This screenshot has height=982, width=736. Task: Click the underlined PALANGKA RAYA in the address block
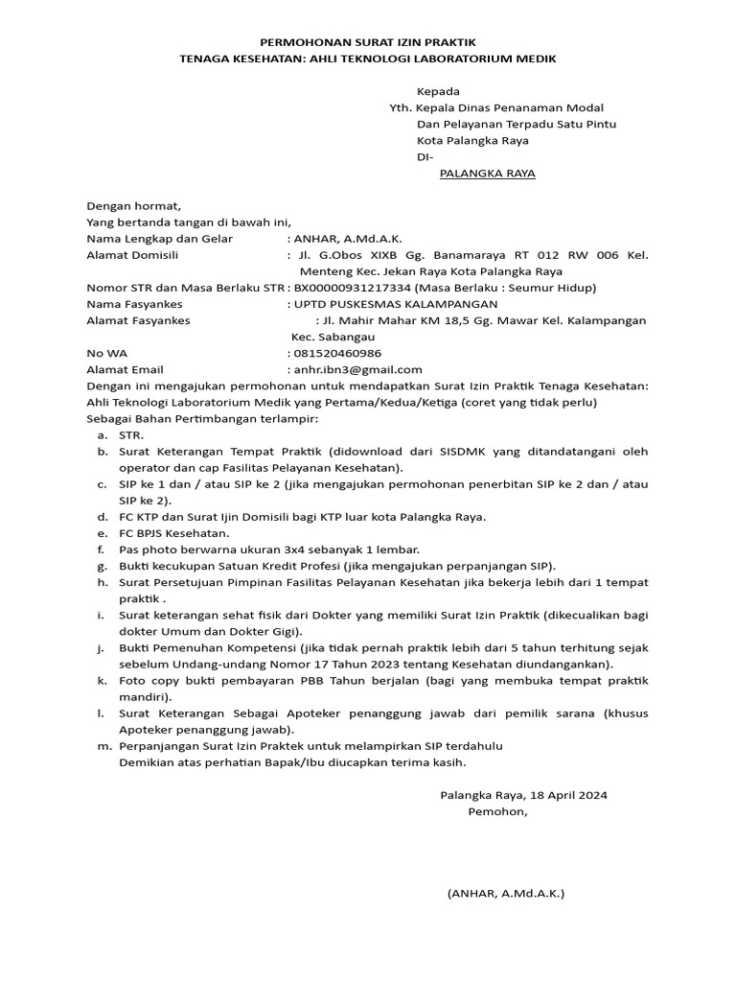[x=487, y=174]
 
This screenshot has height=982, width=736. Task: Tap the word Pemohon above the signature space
[x=496, y=811]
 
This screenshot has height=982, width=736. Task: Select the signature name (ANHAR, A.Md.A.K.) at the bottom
[x=505, y=894]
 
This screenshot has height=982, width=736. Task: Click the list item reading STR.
[x=131, y=435]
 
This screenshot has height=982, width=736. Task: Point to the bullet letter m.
[x=101, y=745]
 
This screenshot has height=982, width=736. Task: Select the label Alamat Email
[x=125, y=369]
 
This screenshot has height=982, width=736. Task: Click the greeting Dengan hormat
[x=133, y=205]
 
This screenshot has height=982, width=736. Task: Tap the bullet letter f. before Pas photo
[x=101, y=549]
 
